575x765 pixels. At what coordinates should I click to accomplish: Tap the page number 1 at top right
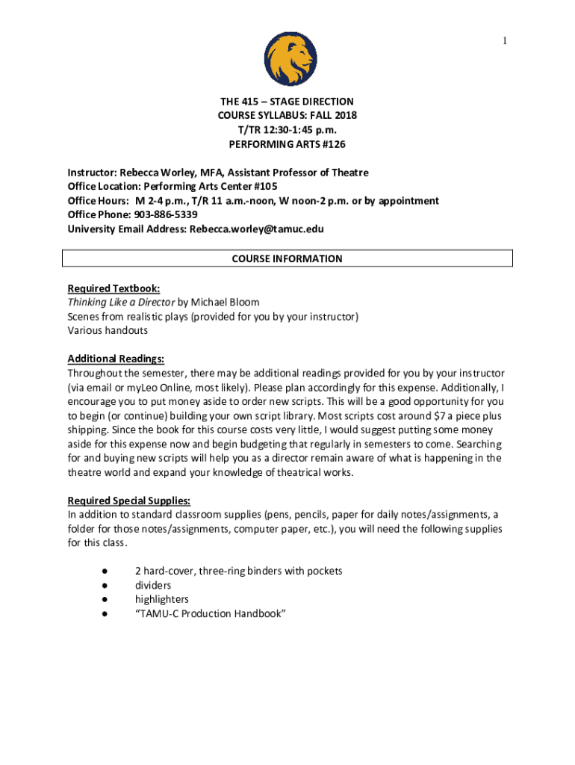coord(505,41)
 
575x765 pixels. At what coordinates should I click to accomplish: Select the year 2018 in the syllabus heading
coord(344,115)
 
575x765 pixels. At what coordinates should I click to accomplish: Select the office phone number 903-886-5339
coord(166,215)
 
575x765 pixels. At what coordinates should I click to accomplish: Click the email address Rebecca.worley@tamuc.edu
coord(256,229)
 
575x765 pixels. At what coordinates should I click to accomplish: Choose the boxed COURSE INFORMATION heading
coord(287,258)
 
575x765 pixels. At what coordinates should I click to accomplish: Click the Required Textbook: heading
coord(114,288)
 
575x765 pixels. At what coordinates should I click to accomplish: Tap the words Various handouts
coord(108,331)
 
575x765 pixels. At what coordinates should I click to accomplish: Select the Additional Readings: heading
coord(116,359)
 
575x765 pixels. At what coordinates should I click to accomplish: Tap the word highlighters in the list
coord(161,600)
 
